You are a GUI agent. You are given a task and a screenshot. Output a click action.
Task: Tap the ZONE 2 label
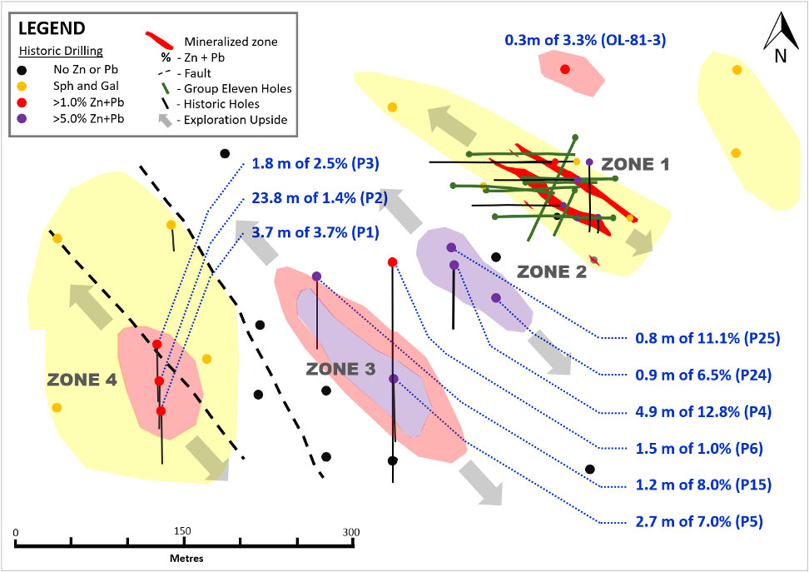(552, 271)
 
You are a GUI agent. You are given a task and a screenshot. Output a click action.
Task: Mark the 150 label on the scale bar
(183, 531)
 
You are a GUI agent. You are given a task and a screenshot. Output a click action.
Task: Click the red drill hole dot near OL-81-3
(565, 69)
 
